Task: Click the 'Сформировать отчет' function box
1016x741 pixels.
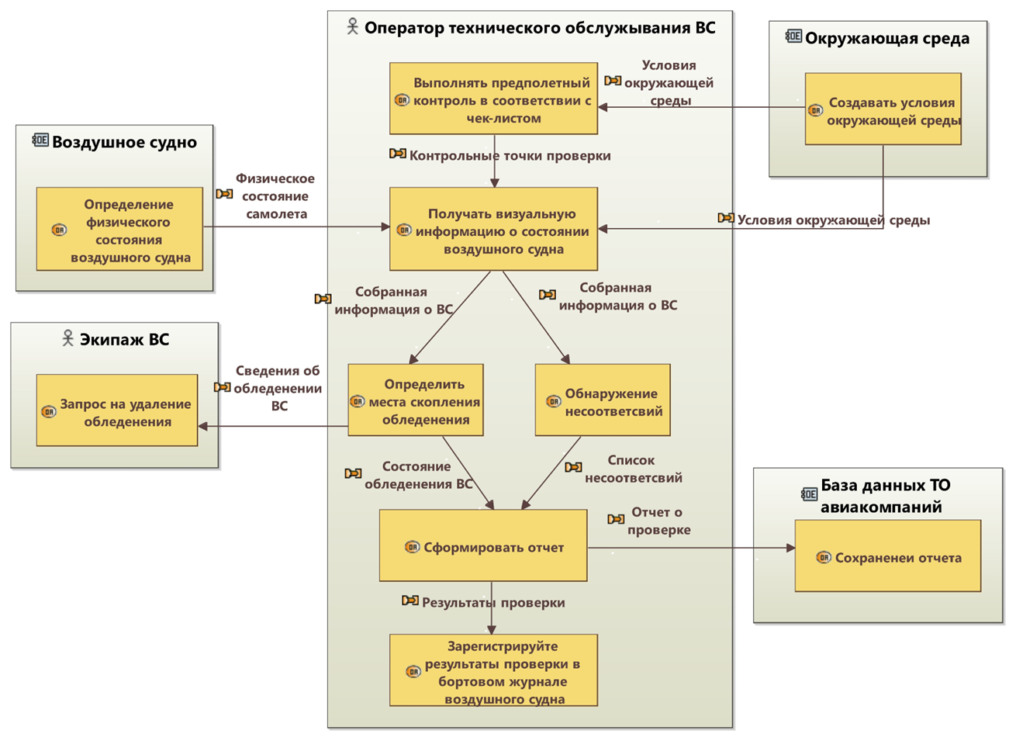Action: coord(482,545)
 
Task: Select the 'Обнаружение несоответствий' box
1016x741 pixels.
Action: coord(603,400)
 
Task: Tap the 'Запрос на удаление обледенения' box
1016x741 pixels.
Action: coord(117,410)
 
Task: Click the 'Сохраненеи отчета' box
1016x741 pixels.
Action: coord(887,556)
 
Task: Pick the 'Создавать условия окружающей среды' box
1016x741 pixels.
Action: coord(883,109)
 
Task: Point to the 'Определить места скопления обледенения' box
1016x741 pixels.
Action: coord(416,400)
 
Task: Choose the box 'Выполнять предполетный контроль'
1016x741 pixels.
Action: coord(493,99)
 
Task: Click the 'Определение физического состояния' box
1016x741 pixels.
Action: coord(119,229)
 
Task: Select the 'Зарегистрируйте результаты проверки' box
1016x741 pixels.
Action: coord(493,670)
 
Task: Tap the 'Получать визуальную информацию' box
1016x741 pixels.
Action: coord(493,230)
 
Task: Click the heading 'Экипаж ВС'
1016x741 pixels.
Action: coord(124,339)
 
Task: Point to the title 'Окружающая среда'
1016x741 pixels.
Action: coord(886,38)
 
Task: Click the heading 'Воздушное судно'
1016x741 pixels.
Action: coord(124,142)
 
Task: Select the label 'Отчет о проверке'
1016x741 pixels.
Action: coord(658,521)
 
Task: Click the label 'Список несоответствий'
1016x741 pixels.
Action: coord(633,469)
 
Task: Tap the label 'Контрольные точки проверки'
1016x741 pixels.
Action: coord(510,156)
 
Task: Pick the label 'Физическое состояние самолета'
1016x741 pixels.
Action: coord(276,196)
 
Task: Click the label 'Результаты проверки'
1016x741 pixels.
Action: coord(493,602)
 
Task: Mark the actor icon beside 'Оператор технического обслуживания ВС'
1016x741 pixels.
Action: coord(352,28)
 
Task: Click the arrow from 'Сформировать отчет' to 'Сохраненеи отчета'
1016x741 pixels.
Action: coord(690,548)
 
